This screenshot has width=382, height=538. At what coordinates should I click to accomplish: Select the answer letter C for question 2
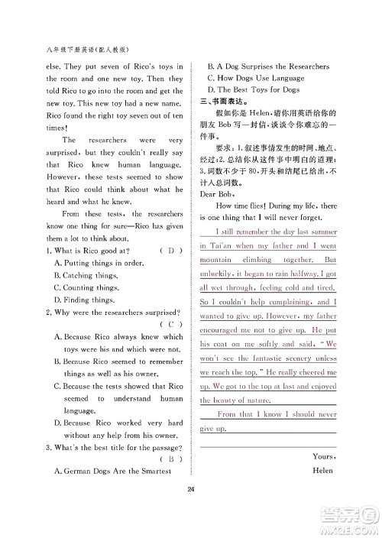[x=170, y=323]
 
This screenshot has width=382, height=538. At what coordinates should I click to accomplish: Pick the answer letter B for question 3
[x=170, y=459]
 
